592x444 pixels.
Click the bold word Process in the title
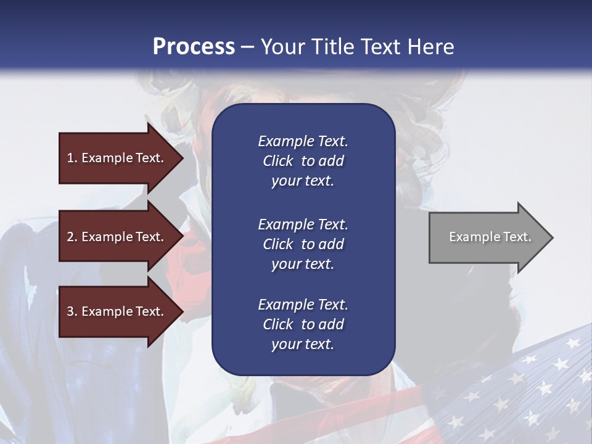pos(194,46)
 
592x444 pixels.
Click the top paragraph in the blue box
pos(303,161)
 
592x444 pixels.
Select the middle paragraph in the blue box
pos(303,244)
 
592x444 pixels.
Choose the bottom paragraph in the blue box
pos(303,324)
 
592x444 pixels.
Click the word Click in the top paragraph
pos(278,161)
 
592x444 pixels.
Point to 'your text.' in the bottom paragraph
pos(303,344)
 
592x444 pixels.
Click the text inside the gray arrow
pos(490,237)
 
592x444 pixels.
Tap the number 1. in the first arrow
pos(72,158)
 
